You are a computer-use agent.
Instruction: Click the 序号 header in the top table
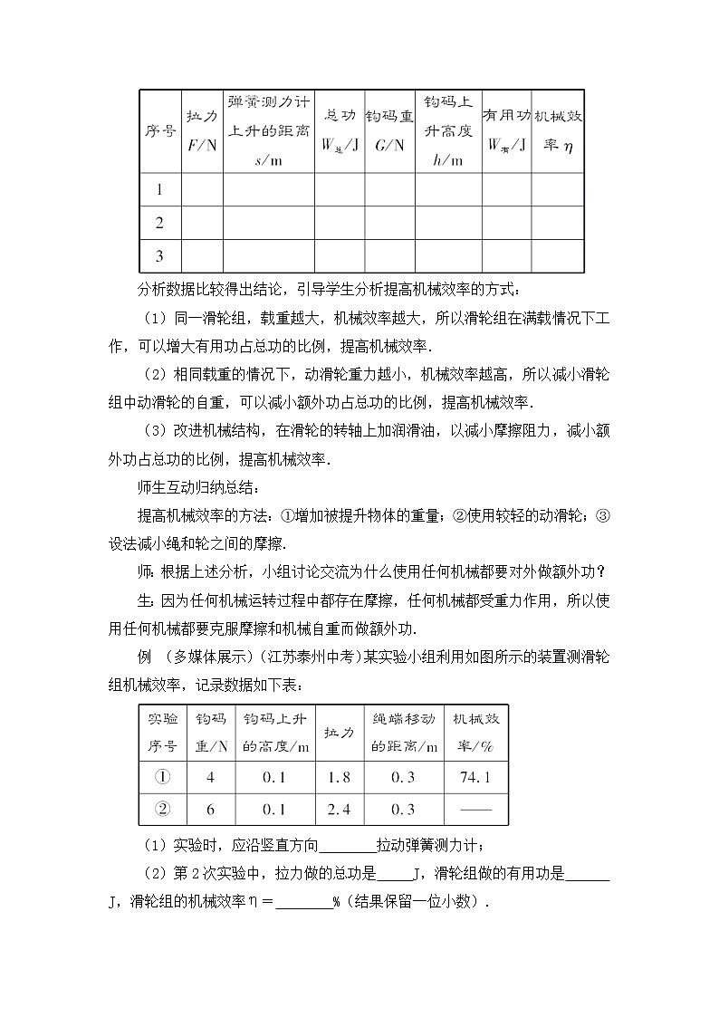159,130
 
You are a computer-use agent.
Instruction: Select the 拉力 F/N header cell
201,130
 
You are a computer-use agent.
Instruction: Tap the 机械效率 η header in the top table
557,130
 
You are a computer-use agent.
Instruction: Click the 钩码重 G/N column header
388,130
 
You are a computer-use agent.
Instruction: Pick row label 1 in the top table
159,190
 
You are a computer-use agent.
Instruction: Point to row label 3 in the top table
159,255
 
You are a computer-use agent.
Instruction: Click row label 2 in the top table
159,223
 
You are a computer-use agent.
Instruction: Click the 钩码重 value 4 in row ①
209,777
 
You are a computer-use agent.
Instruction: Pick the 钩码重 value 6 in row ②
209,810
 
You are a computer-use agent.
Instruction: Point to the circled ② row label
162,810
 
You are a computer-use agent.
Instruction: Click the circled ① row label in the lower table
162,777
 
